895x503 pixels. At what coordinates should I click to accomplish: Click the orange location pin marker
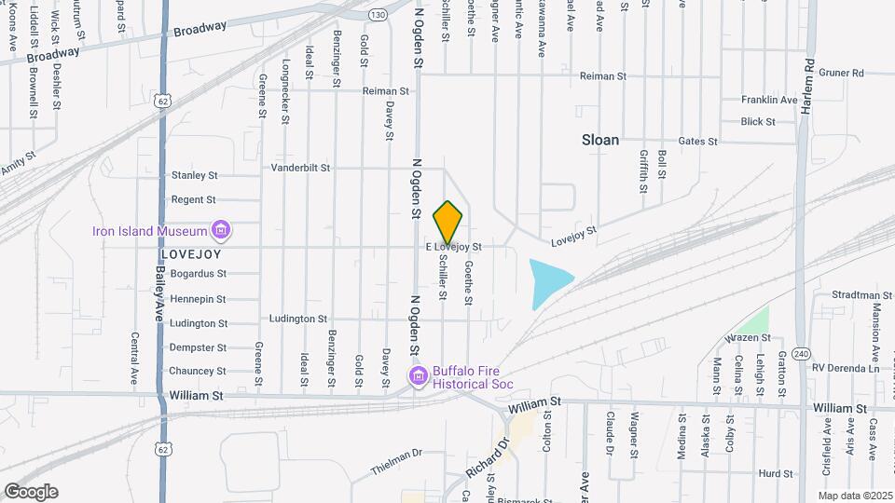click(448, 221)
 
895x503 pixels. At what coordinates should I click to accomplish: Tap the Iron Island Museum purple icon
click(221, 229)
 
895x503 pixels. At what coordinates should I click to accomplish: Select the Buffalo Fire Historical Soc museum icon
click(419, 375)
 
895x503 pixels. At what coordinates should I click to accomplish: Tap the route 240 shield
click(801, 355)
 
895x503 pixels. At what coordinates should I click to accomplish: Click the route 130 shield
click(377, 15)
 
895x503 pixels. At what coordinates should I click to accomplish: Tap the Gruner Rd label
click(843, 73)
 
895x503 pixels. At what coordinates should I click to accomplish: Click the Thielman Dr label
click(396, 454)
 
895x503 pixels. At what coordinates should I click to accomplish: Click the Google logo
click(31, 491)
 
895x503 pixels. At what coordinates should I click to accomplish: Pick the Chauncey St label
click(198, 372)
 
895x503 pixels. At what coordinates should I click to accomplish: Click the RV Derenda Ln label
click(846, 368)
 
